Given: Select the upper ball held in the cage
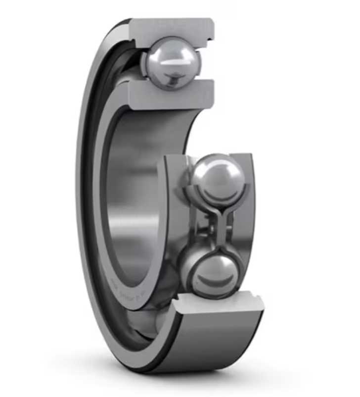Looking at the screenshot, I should click(x=218, y=179).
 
